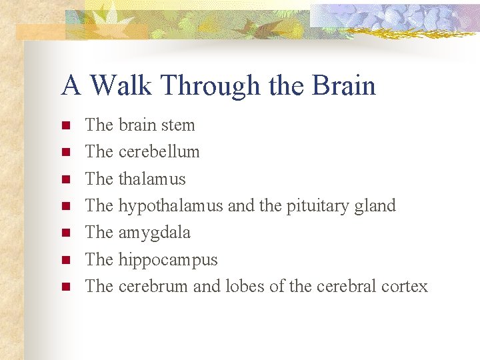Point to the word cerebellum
(x=159, y=152)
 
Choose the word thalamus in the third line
(x=152, y=179)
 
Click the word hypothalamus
(x=171, y=206)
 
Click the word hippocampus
(x=168, y=260)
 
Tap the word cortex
(x=405, y=286)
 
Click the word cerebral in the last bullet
(x=346, y=286)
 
